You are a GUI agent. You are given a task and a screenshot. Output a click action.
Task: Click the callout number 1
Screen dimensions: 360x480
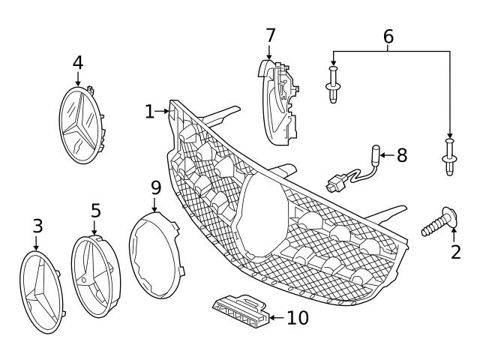click(x=149, y=112)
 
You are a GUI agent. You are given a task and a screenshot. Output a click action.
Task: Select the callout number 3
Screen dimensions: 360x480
click(x=37, y=225)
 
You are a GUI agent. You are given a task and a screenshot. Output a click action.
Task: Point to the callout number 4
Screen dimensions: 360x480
click(x=78, y=62)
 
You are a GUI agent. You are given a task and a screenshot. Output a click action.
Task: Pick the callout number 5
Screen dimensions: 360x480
click(x=95, y=210)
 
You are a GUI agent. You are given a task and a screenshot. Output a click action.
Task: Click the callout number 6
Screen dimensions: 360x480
click(x=388, y=35)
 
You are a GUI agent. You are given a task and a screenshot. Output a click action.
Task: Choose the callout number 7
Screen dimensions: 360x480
click(x=270, y=34)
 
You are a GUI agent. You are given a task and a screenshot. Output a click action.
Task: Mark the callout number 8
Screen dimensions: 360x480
click(x=401, y=155)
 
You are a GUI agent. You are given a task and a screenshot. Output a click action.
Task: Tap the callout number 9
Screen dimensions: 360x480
click(x=155, y=185)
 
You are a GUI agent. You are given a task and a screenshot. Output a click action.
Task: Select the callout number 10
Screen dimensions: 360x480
click(x=297, y=318)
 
